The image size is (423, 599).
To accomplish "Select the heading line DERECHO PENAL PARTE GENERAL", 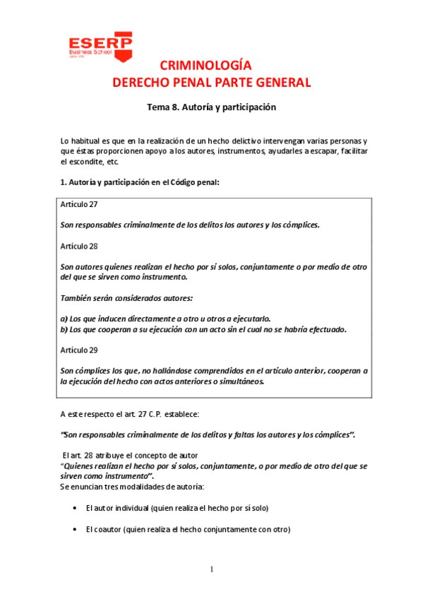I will pos(212,83).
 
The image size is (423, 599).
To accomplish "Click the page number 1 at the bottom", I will pos(211,569).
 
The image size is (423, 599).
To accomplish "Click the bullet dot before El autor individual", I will pos(76,508).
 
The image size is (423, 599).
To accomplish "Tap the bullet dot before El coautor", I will pos(76,530).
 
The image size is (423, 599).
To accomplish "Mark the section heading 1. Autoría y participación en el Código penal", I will pos(141,182).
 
